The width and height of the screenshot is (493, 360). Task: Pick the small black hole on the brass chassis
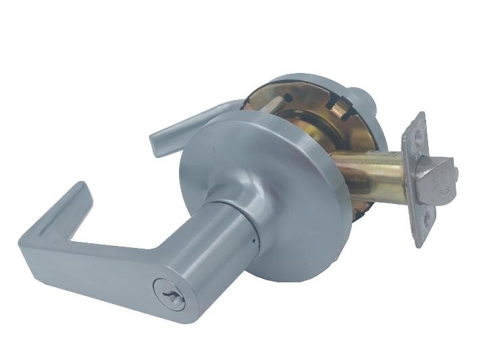tap(290, 99)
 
